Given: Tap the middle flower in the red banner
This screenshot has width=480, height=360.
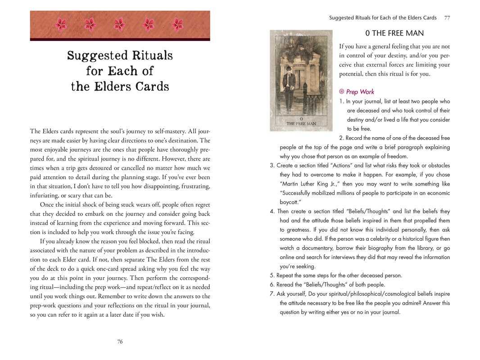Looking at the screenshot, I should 119,24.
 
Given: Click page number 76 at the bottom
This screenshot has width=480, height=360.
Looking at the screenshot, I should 120,342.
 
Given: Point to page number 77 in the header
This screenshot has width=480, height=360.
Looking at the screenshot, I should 447,18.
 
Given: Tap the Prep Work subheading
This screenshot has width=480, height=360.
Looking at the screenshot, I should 360,92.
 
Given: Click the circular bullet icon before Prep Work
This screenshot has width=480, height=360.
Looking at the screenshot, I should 342,92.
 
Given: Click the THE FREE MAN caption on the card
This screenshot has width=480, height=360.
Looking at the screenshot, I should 301,123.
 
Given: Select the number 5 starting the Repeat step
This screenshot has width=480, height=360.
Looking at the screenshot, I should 272,275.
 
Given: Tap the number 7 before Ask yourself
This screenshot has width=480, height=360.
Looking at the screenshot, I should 272,294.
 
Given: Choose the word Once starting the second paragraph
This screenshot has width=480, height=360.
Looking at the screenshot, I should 49,205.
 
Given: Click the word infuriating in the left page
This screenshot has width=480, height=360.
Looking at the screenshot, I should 45,195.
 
